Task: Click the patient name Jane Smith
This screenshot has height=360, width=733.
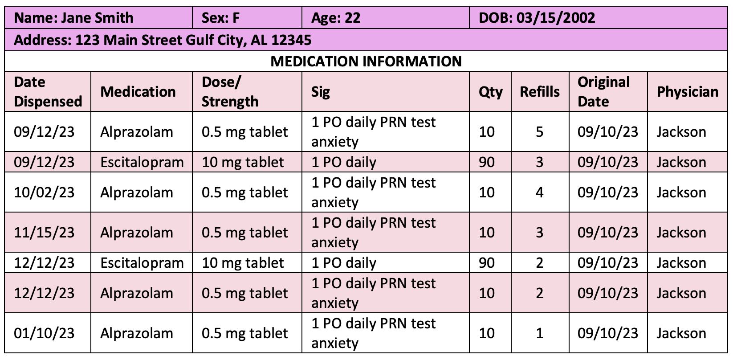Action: tap(97, 18)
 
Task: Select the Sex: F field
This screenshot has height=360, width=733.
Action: tap(220, 18)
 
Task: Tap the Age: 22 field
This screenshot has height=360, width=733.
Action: tap(335, 18)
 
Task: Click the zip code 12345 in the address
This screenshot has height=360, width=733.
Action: tap(291, 41)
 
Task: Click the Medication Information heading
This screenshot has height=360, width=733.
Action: tap(366, 61)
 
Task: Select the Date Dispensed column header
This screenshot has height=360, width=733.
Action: tap(48, 92)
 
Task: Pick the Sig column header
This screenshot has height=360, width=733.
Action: tap(321, 92)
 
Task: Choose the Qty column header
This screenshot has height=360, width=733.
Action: tap(490, 92)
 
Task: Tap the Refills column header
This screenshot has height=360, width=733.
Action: tap(540, 92)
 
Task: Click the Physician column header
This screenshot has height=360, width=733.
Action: tap(688, 92)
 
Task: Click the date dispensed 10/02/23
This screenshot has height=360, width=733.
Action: tap(44, 192)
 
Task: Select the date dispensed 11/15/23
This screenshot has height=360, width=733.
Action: tap(44, 233)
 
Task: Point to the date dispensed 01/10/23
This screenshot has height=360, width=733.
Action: tap(44, 333)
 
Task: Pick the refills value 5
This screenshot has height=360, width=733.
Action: tap(539, 132)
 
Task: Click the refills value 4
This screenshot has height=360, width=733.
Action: tap(539, 192)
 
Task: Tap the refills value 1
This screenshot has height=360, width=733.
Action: tap(539, 333)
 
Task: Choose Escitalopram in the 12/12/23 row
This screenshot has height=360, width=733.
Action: tap(142, 263)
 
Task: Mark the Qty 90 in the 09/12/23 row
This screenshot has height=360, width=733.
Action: tap(487, 162)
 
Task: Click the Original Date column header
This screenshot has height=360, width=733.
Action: tap(603, 92)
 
